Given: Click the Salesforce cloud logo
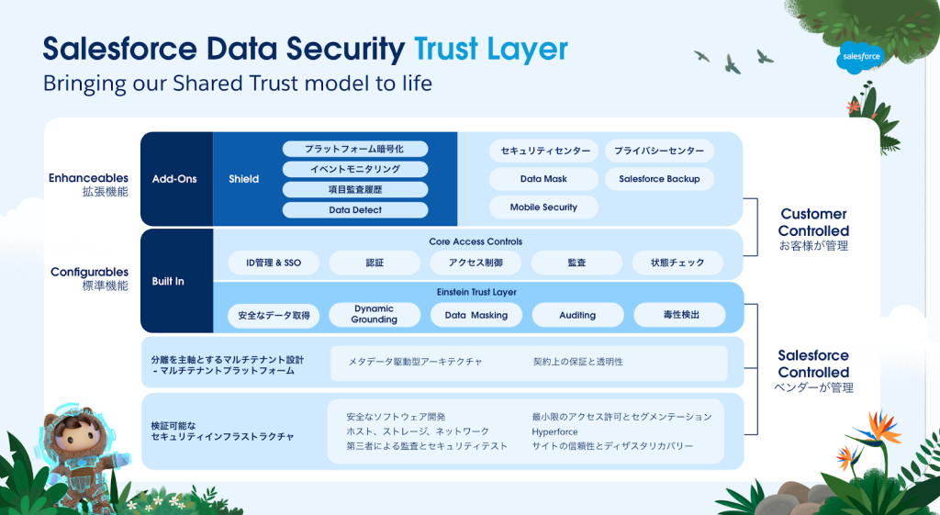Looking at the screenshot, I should point(860,58).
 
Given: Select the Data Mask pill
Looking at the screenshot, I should point(543,179).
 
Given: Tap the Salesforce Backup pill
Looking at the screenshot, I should point(659,179).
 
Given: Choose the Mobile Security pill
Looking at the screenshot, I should point(543,207).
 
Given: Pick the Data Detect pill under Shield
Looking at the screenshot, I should point(355,210).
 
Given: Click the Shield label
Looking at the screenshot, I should point(244,179).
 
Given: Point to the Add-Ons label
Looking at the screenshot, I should point(174,179).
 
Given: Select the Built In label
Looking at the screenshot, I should point(168,281).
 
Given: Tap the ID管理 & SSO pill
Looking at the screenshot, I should point(274,263).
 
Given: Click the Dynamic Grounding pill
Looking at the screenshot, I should point(375,315).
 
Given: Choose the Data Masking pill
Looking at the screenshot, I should point(476,315).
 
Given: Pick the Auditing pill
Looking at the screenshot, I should point(577,315).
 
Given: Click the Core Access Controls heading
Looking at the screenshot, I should point(476,242).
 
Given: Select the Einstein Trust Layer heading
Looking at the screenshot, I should point(476,292).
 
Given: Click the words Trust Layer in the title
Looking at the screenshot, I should point(490,49).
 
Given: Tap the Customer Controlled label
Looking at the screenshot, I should point(813,222).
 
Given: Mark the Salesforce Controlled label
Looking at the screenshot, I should point(813,364).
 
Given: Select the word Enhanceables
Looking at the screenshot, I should point(89,178).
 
